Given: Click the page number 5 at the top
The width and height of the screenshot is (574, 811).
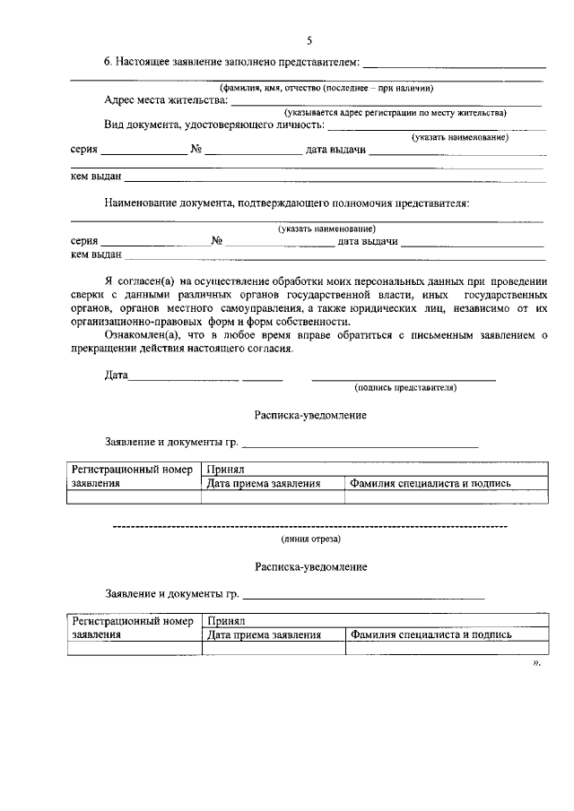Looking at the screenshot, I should coord(309,40).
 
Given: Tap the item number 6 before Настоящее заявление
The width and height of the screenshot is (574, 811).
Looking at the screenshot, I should coord(108,63).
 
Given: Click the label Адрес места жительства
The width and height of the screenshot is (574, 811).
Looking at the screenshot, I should coord(165,101).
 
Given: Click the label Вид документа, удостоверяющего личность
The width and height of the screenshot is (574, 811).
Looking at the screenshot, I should coord(213,125).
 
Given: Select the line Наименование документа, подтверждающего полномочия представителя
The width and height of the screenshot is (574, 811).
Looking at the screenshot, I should coord(286,203).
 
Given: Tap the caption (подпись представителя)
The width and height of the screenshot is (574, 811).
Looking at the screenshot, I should coord(405,388).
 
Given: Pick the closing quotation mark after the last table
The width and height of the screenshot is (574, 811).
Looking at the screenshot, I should coord(536,663).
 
